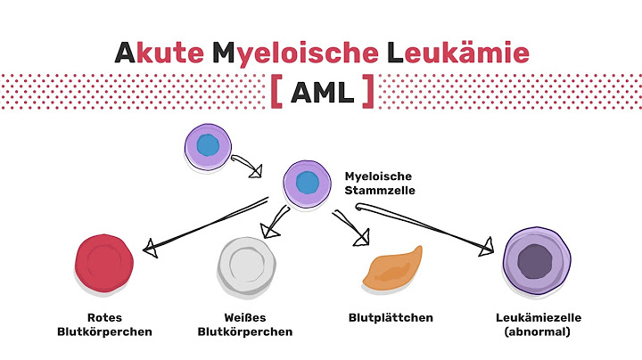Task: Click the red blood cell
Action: pos(105,264)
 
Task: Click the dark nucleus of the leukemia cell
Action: pos(536,263)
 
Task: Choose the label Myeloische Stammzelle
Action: pos(379,183)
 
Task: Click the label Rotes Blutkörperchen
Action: pos(105,323)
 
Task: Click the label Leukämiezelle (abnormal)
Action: pos(536,323)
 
